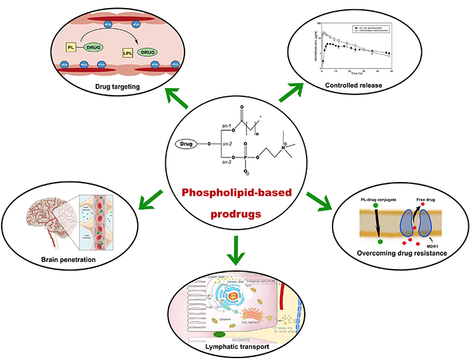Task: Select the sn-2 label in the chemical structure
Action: click(x=230, y=143)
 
